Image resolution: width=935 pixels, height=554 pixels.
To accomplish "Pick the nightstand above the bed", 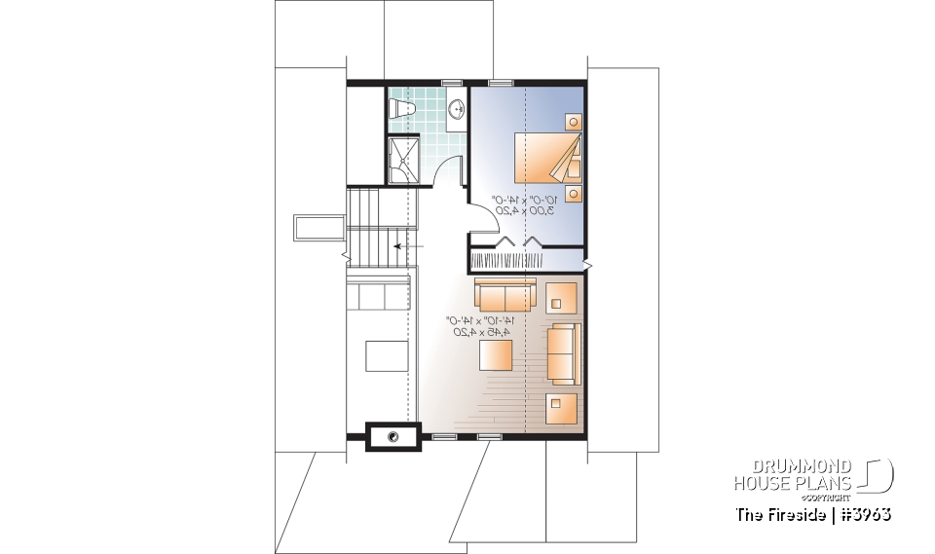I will (x=574, y=123).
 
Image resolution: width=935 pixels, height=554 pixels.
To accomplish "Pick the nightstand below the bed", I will (x=574, y=192).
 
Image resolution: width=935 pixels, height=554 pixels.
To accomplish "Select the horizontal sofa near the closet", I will (x=505, y=293).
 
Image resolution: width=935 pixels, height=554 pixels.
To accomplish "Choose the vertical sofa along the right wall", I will (x=562, y=354).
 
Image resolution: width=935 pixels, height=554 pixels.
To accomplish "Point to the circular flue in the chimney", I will (x=393, y=437).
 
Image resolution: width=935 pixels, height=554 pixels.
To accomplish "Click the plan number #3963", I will (x=864, y=513).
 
